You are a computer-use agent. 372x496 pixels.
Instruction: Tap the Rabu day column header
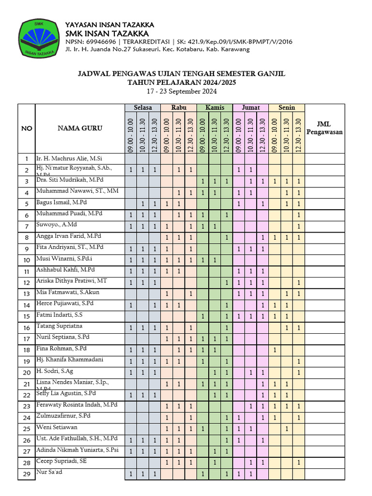click(179, 108)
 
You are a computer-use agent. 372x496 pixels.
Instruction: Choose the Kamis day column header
click(215, 108)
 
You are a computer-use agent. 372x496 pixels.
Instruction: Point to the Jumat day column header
click(250, 108)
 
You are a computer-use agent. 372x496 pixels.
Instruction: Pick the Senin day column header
click(287, 108)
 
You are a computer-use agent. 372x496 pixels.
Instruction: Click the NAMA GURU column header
click(80, 128)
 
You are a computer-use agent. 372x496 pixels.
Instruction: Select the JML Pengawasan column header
click(325, 128)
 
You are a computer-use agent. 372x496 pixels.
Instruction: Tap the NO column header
click(26, 128)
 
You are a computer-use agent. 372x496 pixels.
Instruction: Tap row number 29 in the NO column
click(26, 474)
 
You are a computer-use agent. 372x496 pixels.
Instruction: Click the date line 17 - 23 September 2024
click(182, 92)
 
